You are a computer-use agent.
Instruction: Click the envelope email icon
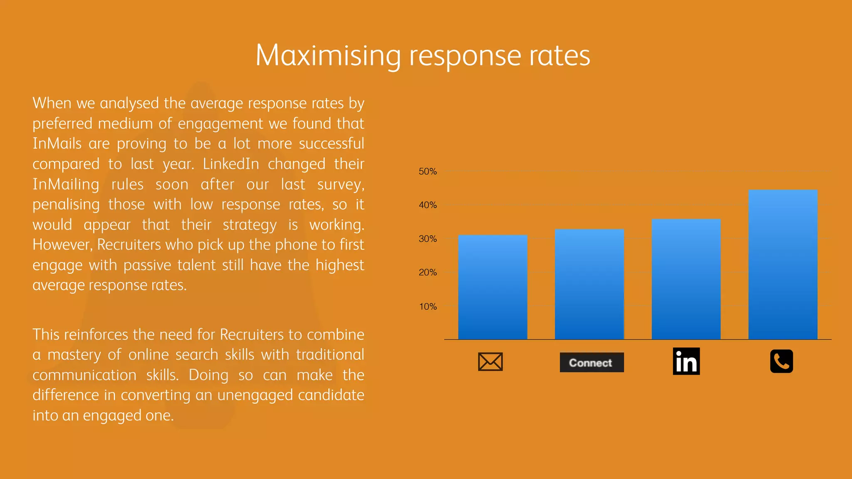pos(490,362)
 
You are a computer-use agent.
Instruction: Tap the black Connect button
pos(591,363)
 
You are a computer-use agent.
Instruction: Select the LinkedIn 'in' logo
pos(686,361)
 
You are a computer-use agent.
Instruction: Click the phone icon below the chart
pos(781,361)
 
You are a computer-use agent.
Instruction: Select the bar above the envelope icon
pos(493,287)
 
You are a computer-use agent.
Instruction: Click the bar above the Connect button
pos(589,284)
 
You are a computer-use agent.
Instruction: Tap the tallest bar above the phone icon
pos(783,265)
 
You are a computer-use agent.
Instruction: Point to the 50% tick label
pos(428,171)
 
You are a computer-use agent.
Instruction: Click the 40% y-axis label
pos(428,205)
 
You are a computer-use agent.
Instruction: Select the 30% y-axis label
pos(428,239)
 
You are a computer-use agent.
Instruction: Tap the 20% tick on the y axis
pos(428,272)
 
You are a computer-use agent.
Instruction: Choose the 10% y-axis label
pos(428,306)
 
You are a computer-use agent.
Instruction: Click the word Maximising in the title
pos(328,56)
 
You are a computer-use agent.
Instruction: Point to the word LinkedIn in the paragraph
pos(231,164)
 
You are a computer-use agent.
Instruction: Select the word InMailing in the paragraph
pos(66,184)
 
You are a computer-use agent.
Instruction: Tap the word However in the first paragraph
pos(62,244)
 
